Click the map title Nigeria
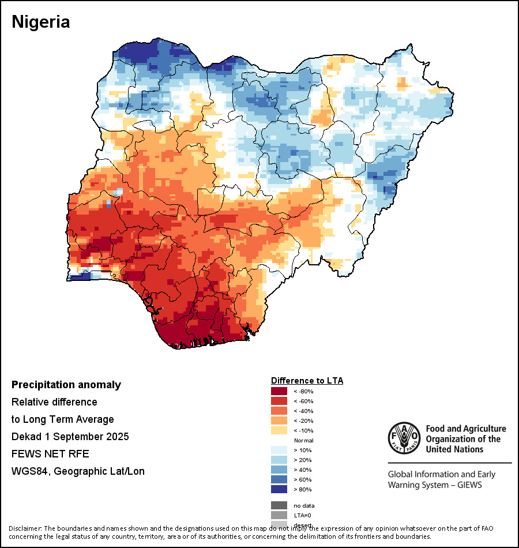[x=41, y=22]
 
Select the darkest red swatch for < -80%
[x=279, y=391]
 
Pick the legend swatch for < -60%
[x=279, y=401]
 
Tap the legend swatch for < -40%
[x=279, y=411]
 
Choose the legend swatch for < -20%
[x=279, y=421]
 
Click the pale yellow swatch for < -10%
[x=279, y=430]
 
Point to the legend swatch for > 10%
[x=279, y=450]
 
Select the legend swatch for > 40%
[x=279, y=470]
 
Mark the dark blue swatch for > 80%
[x=279, y=489]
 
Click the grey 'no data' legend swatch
[x=279, y=505]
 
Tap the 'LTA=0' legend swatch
[x=279, y=515]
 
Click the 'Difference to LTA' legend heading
[x=307, y=381]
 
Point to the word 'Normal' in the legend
[x=303, y=440]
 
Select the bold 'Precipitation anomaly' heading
[x=66, y=385]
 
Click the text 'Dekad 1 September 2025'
[x=70, y=437]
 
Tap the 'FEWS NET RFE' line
[x=50, y=454]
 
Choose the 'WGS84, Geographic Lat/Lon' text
[x=78, y=471]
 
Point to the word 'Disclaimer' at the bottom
[x=25, y=528]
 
